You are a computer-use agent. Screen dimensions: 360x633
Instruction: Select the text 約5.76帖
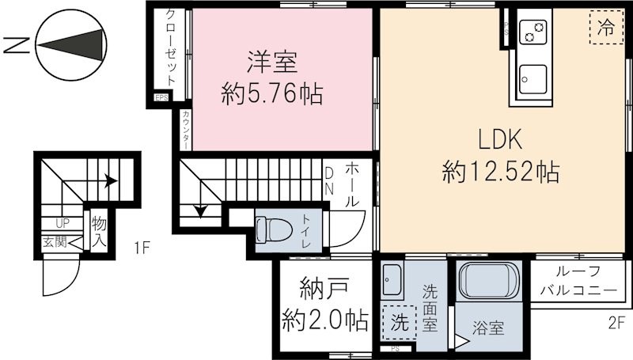click(271, 95)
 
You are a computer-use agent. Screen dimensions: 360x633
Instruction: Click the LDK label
click(499, 140)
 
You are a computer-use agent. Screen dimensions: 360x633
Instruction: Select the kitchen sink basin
click(533, 79)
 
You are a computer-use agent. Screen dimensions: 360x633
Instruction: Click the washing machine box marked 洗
click(400, 323)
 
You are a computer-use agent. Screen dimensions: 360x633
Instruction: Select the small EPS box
click(161, 98)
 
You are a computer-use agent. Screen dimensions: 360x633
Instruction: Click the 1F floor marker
click(141, 248)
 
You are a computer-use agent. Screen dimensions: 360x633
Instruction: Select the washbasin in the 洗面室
click(392, 278)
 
